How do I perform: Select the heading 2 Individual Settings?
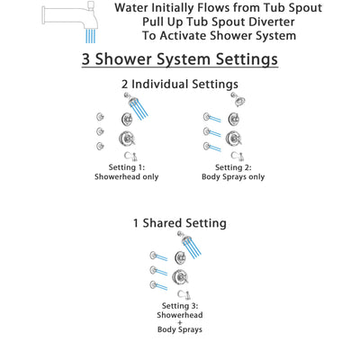click(180, 84)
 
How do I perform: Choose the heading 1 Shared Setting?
click(180, 222)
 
